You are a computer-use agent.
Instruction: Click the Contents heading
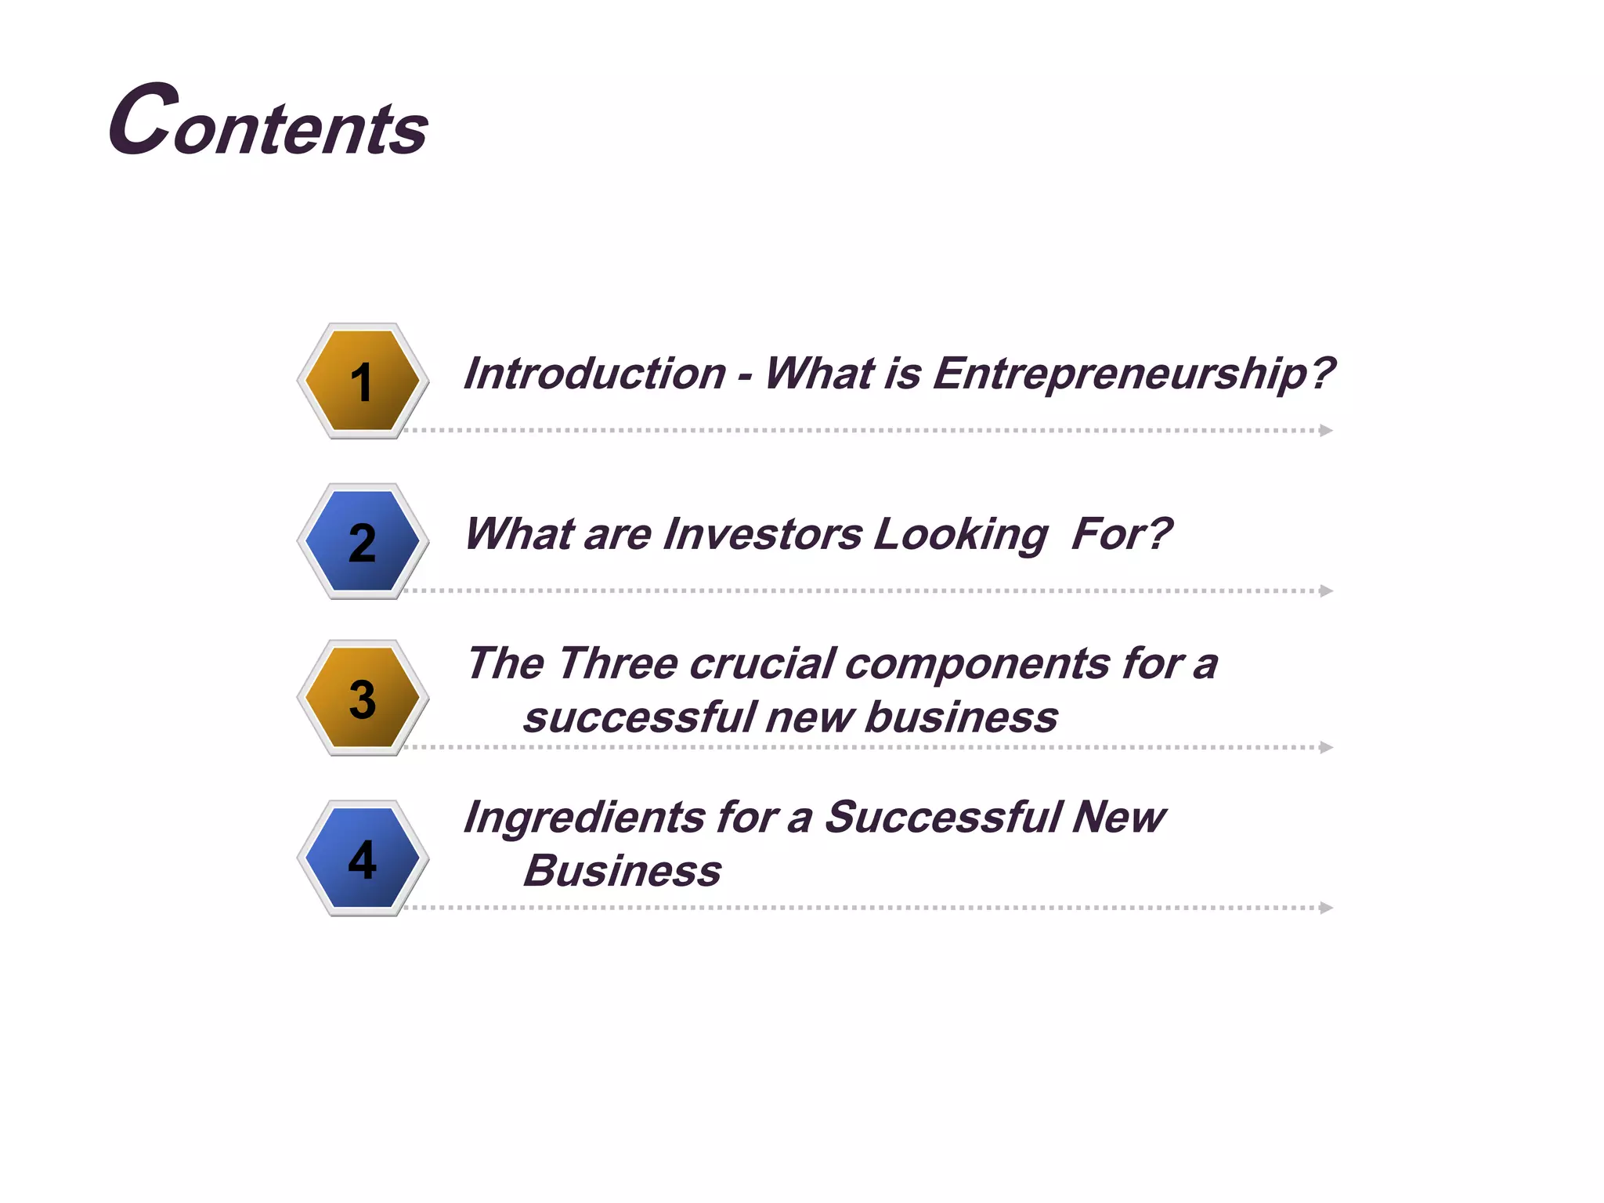click(x=269, y=122)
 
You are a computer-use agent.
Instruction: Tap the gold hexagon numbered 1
click(x=363, y=381)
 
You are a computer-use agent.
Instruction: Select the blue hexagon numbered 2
click(x=363, y=541)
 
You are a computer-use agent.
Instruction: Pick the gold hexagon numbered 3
click(x=363, y=698)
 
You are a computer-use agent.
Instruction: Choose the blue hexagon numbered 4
click(x=363, y=858)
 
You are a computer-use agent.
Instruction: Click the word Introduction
click(x=594, y=374)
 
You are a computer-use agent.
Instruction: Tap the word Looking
click(x=960, y=536)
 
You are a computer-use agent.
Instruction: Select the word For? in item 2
click(x=1121, y=534)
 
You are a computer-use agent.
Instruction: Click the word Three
click(x=617, y=663)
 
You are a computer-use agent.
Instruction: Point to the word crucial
click(x=762, y=663)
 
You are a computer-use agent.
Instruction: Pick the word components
click(x=977, y=665)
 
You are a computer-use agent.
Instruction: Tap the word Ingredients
click(x=584, y=818)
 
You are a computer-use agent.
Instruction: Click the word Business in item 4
click(x=622, y=871)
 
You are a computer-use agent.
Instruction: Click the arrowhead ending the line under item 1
click(x=1325, y=430)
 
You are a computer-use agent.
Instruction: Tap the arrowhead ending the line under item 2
click(x=1325, y=591)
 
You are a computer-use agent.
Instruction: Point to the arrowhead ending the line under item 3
click(x=1325, y=747)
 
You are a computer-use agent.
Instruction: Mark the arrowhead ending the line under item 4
click(x=1325, y=908)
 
